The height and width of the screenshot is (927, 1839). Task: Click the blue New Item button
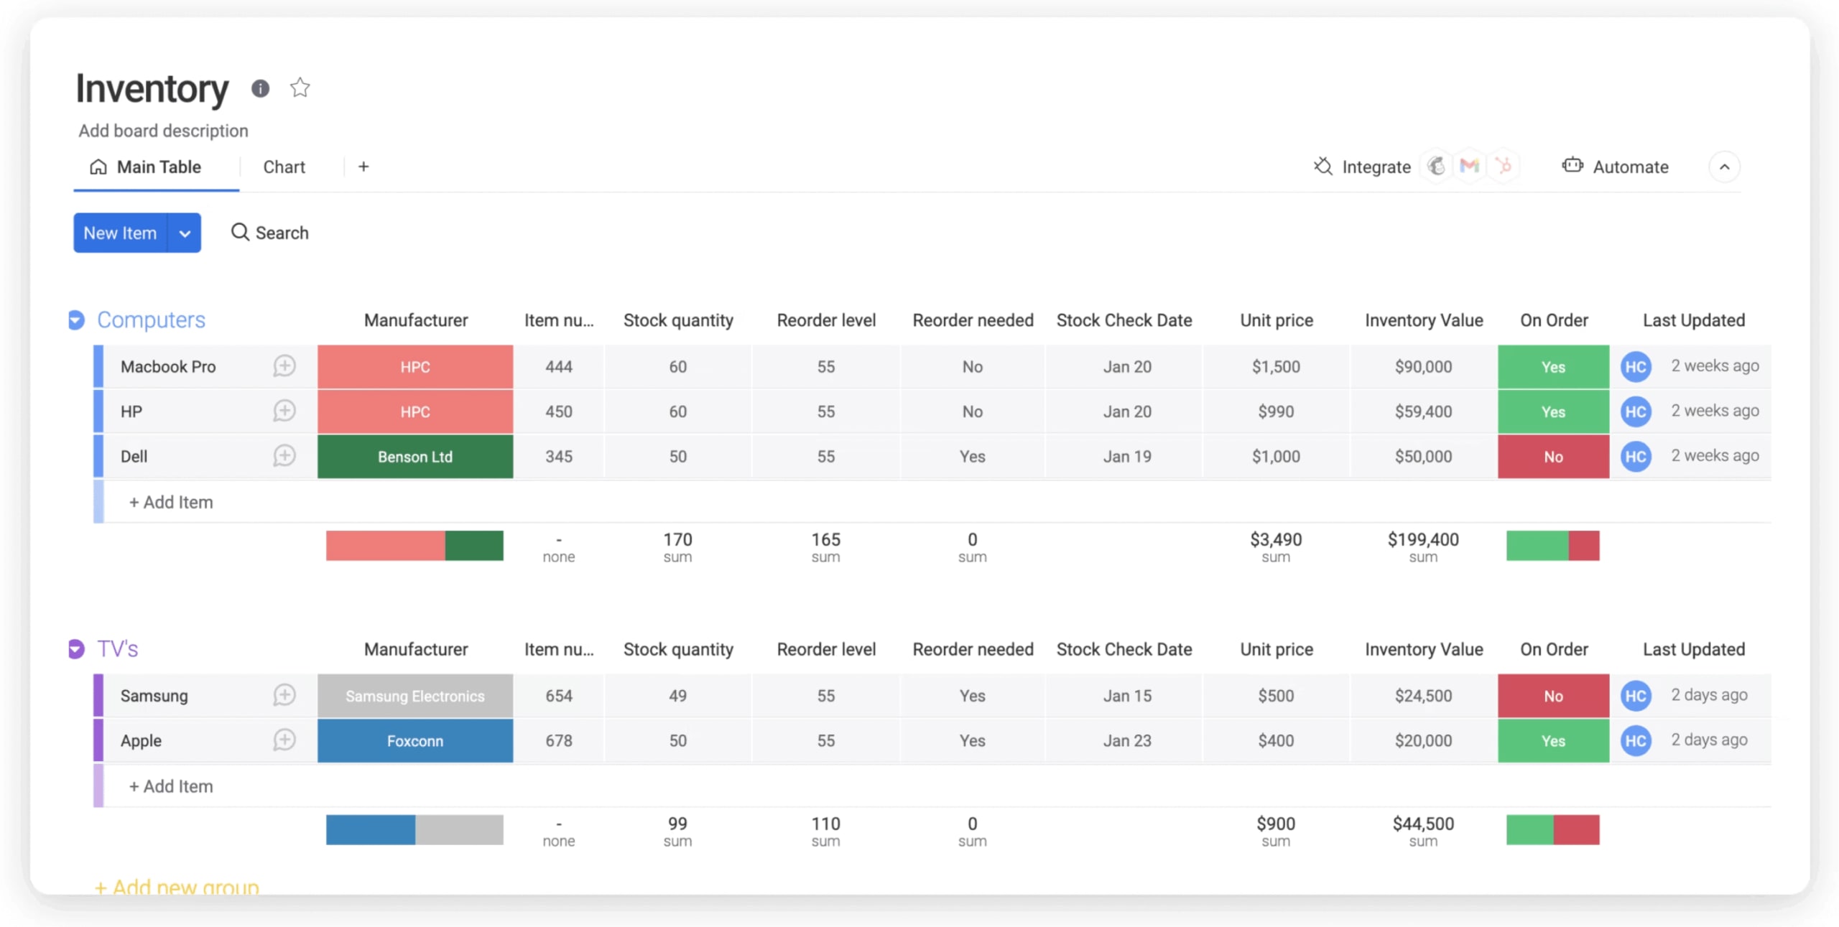pos(120,233)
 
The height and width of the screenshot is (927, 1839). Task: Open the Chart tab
pos(284,167)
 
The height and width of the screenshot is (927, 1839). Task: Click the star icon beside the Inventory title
pos(300,88)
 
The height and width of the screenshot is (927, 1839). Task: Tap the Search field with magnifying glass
pos(270,233)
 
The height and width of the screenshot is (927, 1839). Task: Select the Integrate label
pos(1375,167)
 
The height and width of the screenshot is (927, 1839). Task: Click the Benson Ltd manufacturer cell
pos(415,457)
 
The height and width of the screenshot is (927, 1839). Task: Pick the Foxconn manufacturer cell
pos(415,740)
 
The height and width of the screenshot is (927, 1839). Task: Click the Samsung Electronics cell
pos(415,696)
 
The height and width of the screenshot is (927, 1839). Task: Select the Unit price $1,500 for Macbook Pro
pos(1276,367)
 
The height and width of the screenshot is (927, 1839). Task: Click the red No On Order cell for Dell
pos(1552,457)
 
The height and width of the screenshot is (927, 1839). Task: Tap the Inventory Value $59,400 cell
pos(1422,411)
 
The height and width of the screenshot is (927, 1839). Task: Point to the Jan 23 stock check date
pos(1126,740)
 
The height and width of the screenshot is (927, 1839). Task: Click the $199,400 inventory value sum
pos(1422,540)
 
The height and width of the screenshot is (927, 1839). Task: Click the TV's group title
pos(118,649)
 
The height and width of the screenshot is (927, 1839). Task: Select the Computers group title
pos(151,320)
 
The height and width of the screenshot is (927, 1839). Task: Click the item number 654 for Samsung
pos(558,696)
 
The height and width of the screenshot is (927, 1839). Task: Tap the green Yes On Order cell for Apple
pos(1552,740)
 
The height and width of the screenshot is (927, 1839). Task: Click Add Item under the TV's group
pos(171,786)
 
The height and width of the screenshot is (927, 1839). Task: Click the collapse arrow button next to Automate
pos(1723,167)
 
